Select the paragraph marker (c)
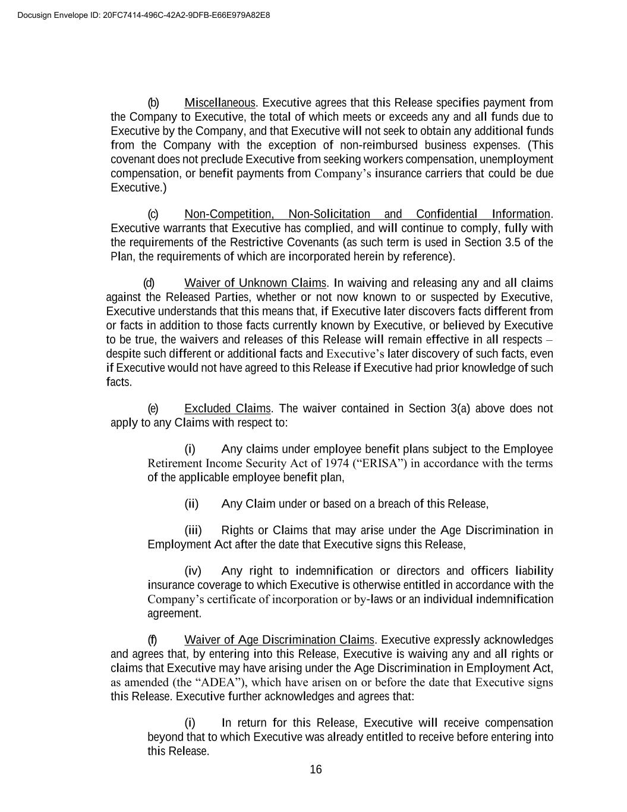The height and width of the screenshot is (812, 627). (x=153, y=214)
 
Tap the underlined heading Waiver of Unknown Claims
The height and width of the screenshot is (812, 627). (x=256, y=283)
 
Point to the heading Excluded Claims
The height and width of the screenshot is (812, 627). (x=228, y=409)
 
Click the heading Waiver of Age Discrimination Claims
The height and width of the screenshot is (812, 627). (x=279, y=640)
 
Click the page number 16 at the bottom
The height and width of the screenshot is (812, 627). (x=316, y=770)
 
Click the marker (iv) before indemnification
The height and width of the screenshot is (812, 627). (x=193, y=571)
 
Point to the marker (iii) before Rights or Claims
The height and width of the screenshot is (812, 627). (x=193, y=531)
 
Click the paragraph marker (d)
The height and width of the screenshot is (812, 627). (x=149, y=283)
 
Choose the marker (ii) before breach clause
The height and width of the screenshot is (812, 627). (x=191, y=504)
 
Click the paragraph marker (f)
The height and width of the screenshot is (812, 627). (x=152, y=640)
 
